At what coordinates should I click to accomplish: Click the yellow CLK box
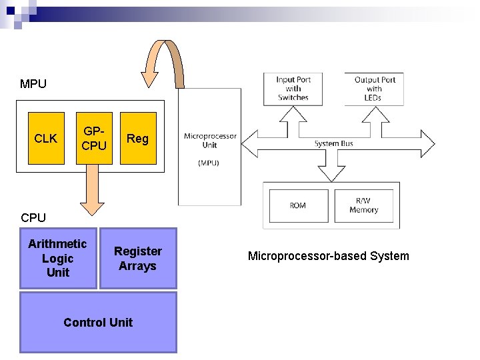pos(46,139)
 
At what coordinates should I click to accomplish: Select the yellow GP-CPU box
pos(94,139)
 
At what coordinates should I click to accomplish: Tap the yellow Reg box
pos(139,139)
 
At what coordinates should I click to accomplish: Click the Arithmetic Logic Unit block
pos(58,258)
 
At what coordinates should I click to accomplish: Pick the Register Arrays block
pos(139,258)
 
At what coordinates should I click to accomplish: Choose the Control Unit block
pos(98,323)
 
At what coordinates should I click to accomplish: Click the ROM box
pos(299,206)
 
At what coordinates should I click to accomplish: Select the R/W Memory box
pos(364,206)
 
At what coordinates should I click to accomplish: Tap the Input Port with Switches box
pos(293,89)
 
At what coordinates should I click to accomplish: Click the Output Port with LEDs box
pos(374,89)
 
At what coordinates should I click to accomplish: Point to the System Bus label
pos(334,143)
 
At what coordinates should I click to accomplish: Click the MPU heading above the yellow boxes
pos(33,84)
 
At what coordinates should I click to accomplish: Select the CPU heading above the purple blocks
pos(33,217)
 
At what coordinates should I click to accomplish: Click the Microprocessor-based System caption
pos(329,256)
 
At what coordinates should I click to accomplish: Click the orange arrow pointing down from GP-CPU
pos(93,190)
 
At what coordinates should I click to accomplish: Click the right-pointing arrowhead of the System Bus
pos(427,143)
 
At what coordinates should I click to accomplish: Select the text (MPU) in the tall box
pos(209,163)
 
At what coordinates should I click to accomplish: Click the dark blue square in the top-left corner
pos(11,11)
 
